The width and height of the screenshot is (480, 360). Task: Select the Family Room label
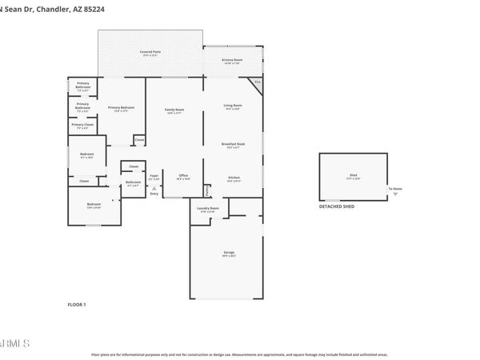click(174, 110)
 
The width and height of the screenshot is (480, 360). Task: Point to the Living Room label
click(233, 106)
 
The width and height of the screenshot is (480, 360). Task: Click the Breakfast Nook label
click(233, 144)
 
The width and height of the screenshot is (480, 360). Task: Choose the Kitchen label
click(234, 178)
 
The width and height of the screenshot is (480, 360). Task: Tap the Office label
click(183, 175)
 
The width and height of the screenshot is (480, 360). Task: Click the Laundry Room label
click(207, 209)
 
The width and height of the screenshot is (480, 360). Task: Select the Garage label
click(229, 252)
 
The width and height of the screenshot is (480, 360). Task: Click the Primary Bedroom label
click(121, 107)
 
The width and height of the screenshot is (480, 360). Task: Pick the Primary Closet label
click(82, 125)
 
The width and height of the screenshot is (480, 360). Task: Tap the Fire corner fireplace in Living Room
click(257, 82)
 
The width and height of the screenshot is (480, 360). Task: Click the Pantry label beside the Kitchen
click(208, 190)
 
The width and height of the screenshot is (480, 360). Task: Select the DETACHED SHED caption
click(337, 206)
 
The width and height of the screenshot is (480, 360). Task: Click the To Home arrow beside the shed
click(395, 193)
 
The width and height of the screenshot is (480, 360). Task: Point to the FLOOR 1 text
click(76, 305)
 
